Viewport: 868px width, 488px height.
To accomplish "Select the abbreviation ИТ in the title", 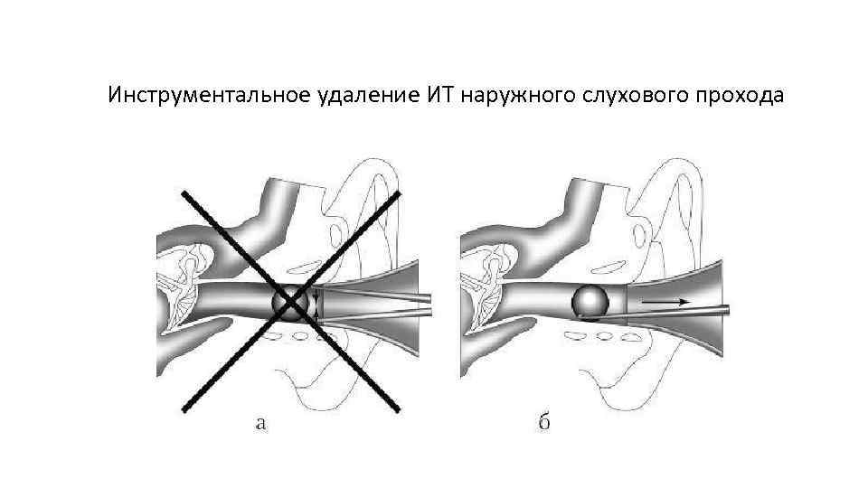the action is [x=435, y=96].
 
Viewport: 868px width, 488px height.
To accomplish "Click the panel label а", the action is [x=260, y=423].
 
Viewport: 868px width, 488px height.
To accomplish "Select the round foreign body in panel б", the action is [x=590, y=302].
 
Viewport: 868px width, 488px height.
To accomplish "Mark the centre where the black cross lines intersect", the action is [x=290, y=302].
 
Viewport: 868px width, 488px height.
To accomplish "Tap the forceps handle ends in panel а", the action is [x=425, y=303].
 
